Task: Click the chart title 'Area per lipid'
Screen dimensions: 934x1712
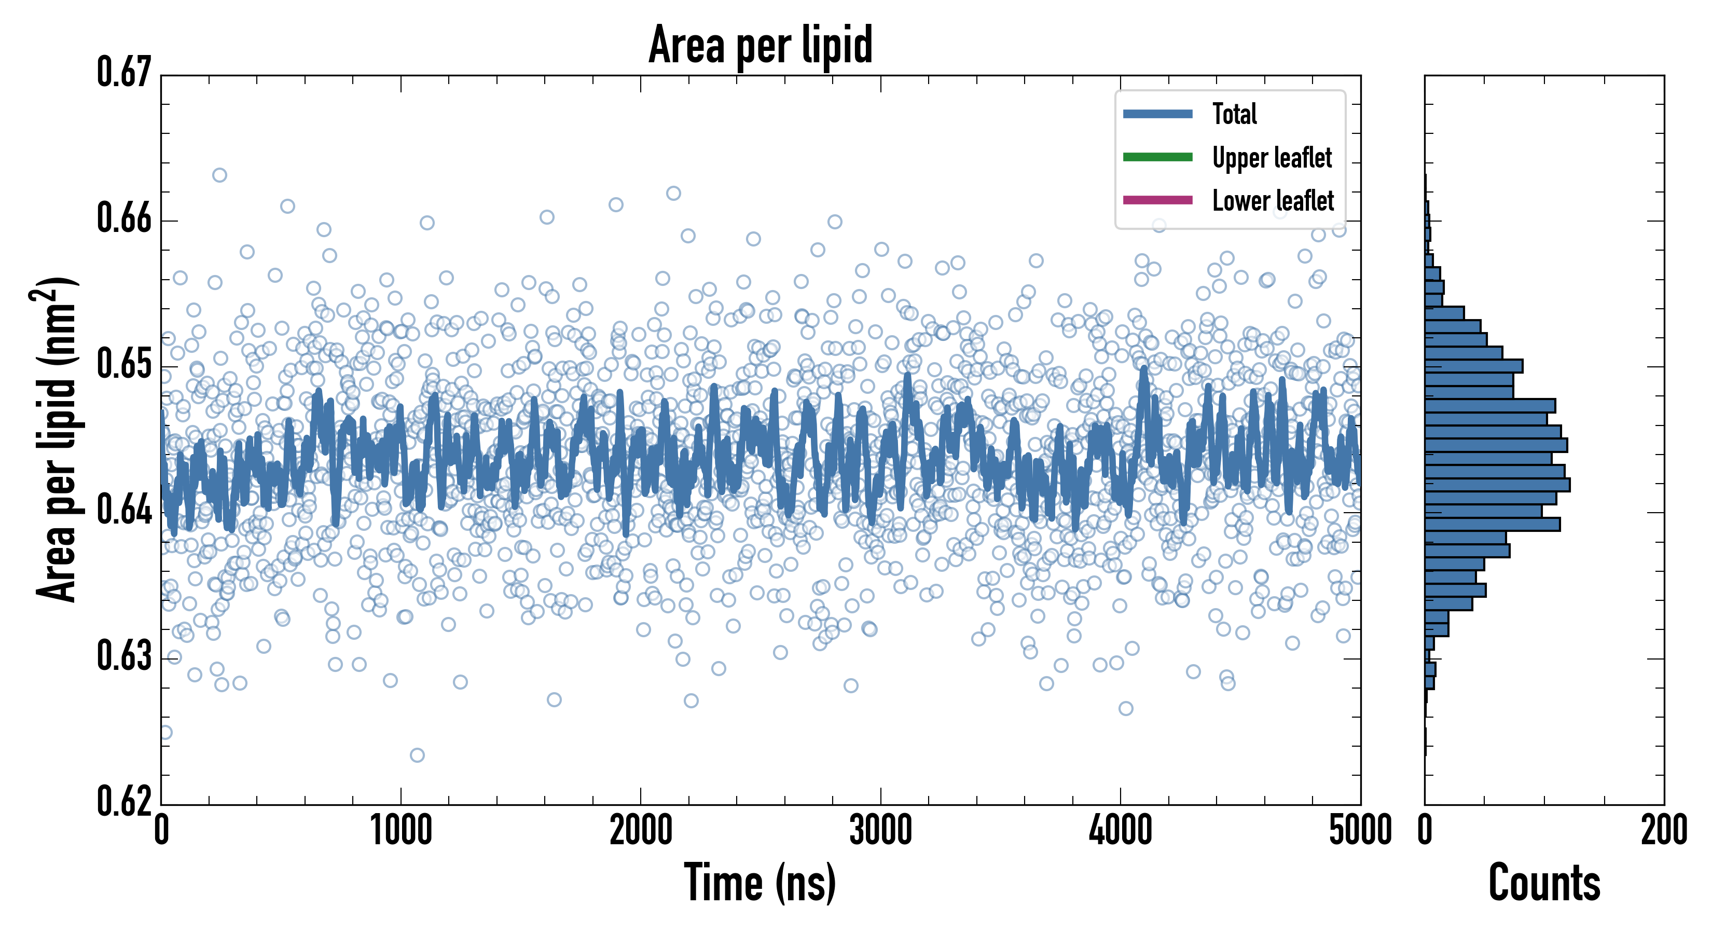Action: (x=761, y=45)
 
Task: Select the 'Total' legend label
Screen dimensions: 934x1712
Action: (x=1234, y=114)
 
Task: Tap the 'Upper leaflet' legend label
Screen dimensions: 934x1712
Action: (x=1272, y=158)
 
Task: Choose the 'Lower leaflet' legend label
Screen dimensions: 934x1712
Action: (x=1273, y=200)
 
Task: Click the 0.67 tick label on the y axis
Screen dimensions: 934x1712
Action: (x=125, y=73)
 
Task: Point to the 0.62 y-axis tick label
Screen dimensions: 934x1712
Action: (x=125, y=801)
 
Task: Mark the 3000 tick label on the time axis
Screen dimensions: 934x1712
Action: (x=880, y=831)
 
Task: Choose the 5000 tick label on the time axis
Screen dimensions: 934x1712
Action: (x=1360, y=831)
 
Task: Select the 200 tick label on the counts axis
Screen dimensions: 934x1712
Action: (x=1663, y=831)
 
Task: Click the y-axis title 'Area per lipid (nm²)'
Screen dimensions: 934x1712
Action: (x=57, y=439)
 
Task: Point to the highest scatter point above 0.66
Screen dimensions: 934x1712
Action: (x=219, y=175)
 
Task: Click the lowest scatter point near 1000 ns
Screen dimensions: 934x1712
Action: (x=417, y=755)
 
